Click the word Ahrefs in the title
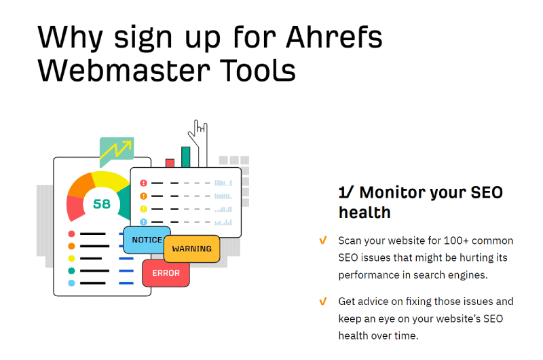pos(334,37)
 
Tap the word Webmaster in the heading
pos(124,71)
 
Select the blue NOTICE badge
pos(147,240)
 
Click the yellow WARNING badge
pos(191,249)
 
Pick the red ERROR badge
pos(166,273)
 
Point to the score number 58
pos(102,204)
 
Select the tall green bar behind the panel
pos(185,157)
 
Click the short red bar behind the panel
pos(170,163)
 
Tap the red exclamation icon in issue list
pos(143,183)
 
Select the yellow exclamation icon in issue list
pos(143,209)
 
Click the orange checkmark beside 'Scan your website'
pos(323,240)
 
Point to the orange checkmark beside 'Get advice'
pos(323,301)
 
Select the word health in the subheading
pos(364,213)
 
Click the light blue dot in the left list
pos(71,283)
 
